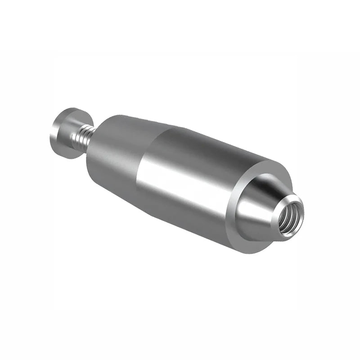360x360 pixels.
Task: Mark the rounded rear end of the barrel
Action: click(92, 157)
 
